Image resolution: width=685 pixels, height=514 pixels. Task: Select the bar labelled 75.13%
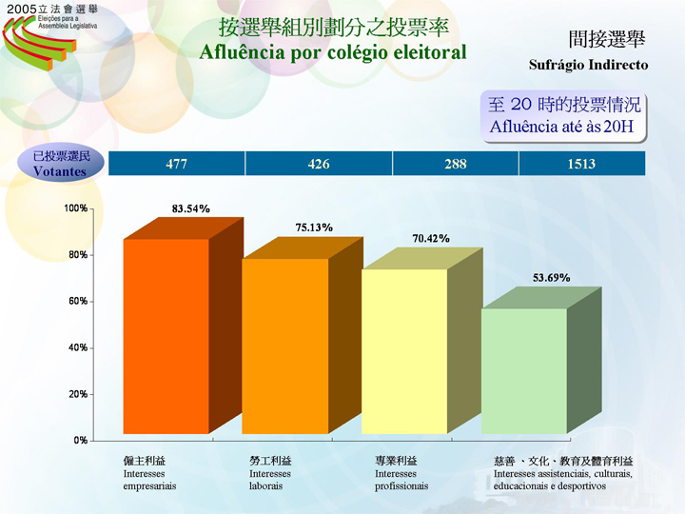tap(285, 346)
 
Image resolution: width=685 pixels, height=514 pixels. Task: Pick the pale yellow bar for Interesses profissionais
tap(404, 351)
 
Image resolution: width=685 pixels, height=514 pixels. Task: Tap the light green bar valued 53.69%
tap(523, 371)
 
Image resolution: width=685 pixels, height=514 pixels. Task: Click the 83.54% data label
tap(190, 208)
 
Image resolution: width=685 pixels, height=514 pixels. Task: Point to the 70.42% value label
tap(430, 238)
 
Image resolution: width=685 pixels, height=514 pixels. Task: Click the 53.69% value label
tap(551, 278)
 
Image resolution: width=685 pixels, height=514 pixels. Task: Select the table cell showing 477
tap(177, 164)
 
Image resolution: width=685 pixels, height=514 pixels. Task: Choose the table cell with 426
tap(319, 164)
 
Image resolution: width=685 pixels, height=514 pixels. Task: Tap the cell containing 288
tap(456, 164)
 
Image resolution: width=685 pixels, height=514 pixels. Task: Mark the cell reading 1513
tap(581, 164)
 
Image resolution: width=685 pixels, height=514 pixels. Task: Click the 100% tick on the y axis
tap(75, 208)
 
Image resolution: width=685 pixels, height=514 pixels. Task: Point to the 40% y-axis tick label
tap(77, 347)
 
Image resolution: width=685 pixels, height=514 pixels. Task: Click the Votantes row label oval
tap(60, 164)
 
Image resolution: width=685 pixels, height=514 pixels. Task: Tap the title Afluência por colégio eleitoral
tap(332, 51)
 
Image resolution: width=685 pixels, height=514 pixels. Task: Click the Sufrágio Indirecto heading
tap(588, 66)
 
